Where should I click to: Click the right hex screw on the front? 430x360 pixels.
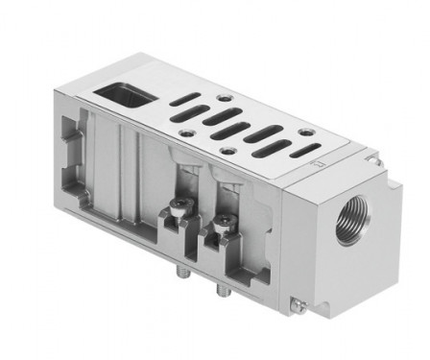coord(224,224)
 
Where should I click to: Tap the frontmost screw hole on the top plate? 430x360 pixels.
coord(227,150)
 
